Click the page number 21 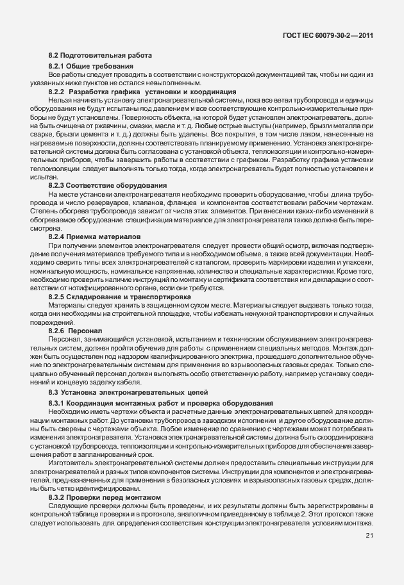[369, 536]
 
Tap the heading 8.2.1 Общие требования [90, 67]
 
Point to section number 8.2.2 [59, 92]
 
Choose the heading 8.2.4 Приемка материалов [95, 236]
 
